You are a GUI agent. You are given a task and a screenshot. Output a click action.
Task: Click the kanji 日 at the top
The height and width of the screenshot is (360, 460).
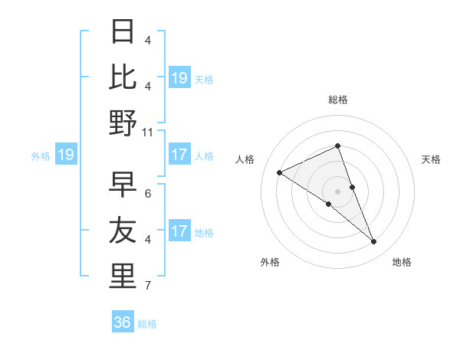pos(123,31)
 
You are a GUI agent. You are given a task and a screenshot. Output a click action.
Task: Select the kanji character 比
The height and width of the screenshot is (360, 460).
pos(123,77)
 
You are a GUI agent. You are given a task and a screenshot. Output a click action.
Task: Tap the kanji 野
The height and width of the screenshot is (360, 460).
pos(123,123)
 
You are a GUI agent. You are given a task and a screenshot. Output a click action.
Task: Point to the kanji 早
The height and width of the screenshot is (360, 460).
pos(123,185)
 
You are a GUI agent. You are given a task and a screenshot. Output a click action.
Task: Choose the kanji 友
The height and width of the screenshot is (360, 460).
pos(123,231)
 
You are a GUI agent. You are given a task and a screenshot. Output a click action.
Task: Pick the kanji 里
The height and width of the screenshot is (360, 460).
pos(123,276)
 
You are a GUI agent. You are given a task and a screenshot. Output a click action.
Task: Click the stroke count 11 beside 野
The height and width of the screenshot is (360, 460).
pos(148,132)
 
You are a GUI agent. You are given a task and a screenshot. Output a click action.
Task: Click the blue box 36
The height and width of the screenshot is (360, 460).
pos(123,322)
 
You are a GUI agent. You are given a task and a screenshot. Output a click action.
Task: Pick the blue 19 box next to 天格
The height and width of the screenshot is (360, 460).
pos(179,77)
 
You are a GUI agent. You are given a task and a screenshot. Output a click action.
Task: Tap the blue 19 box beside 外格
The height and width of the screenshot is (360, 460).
pos(66,155)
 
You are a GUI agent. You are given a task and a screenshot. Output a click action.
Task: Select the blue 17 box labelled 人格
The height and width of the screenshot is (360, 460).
pos(179,155)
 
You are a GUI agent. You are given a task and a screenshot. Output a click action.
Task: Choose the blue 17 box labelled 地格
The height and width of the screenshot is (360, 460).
pos(179,231)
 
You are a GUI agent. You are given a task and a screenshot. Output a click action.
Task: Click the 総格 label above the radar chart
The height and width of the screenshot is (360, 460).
pos(337,100)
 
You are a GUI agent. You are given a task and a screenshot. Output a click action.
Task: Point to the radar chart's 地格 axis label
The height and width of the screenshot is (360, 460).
pos(402,262)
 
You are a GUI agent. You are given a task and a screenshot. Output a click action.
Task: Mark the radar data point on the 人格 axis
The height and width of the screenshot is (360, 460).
pos(279,172)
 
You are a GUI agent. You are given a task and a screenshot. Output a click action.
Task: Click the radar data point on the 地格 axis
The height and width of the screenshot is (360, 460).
pos(374,242)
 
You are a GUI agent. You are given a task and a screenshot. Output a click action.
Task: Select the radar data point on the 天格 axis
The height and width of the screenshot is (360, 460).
pos(352,186)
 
